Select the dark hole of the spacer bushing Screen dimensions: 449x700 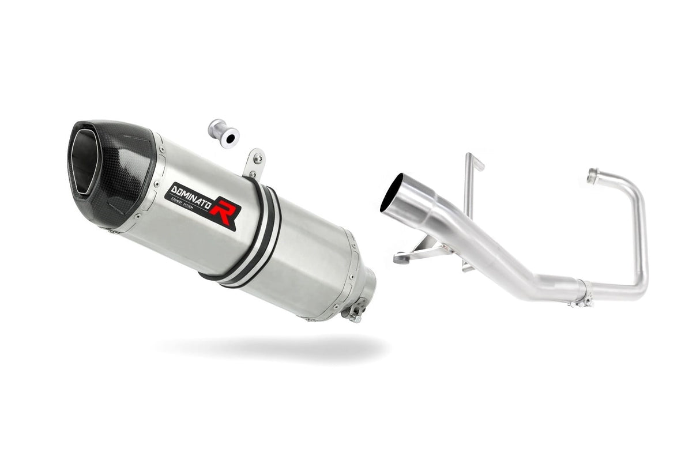pos(229,139)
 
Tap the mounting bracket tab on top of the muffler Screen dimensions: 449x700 pos(254,163)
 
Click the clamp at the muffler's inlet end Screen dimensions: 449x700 pos(353,312)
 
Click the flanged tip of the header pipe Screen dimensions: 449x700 pos(592,176)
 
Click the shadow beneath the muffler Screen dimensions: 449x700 pos(271,346)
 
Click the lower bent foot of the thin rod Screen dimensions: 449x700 pos(468,266)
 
